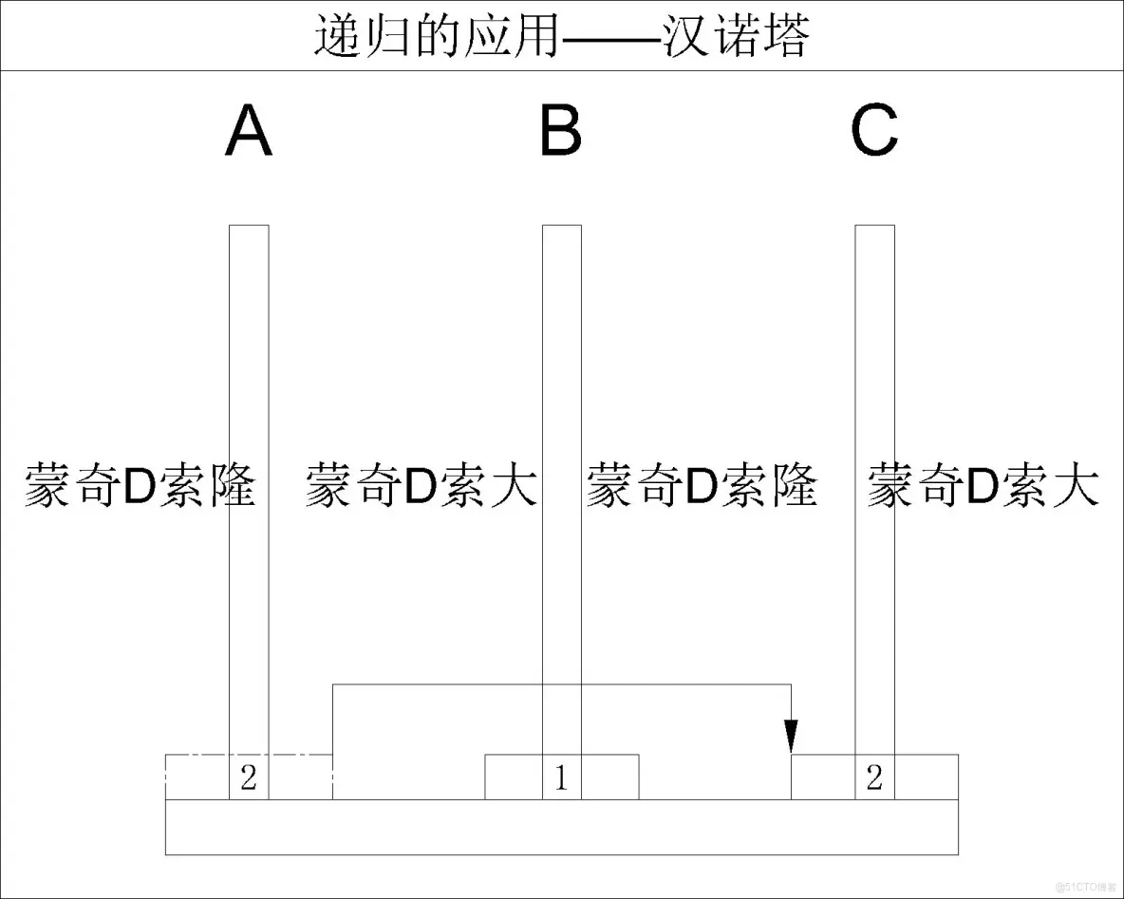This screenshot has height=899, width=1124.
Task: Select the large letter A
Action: pyautogui.click(x=249, y=132)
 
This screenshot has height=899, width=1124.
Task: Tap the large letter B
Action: pyautogui.click(x=561, y=132)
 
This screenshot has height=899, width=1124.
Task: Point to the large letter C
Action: pyautogui.click(x=874, y=132)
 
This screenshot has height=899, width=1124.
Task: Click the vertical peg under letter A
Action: pyautogui.click(x=249, y=361)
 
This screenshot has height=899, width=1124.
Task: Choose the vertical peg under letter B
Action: pyautogui.click(x=561, y=361)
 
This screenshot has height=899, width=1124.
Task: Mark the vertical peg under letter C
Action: pyautogui.click(x=874, y=361)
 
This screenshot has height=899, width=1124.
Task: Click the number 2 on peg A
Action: pyautogui.click(x=249, y=778)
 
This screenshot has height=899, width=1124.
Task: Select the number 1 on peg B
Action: pyautogui.click(x=561, y=778)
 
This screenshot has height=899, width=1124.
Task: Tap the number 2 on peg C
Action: pyautogui.click(x=874, y=778)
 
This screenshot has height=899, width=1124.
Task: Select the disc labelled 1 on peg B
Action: pyautogui.click(x=609, y=777)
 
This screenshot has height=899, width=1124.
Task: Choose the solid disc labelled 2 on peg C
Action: pyautogui.click(x=926, y=777)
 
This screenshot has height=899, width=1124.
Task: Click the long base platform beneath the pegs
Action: pyautogui.click(x=561, y=827)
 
